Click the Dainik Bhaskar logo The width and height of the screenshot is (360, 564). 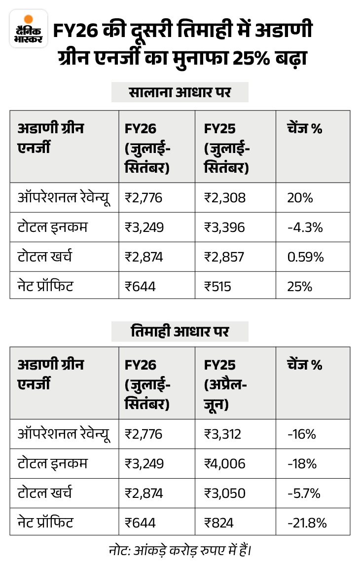point(28,30)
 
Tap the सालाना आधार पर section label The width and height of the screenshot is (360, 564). point(180,92)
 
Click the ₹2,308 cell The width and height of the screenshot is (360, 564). point(225,198)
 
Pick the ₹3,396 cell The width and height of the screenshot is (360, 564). point(225,227)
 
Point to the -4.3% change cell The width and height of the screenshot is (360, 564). point(305,227)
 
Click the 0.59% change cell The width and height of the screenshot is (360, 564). point(306,257)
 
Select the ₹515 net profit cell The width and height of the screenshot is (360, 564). point(218,286)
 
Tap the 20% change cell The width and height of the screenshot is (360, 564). point(300,198)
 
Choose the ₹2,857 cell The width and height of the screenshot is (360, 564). point(225,257)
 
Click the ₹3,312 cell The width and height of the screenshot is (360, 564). point(224,434)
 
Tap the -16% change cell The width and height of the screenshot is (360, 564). point(301,434)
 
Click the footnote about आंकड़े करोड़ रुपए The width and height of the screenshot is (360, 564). point(180,549)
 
